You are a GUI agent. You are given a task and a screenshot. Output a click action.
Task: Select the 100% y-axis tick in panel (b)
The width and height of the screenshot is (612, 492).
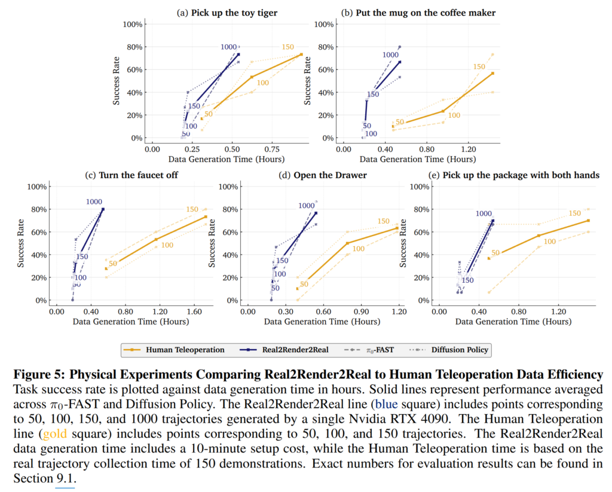pos(325,25)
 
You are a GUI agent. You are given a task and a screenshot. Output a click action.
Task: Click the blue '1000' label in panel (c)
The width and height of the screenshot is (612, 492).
pos(94,201)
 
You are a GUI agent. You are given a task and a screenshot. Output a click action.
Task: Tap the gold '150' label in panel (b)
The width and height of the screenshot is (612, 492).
pos(479,67)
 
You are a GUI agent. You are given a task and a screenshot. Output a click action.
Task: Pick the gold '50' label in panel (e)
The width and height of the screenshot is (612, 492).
pos(495,253)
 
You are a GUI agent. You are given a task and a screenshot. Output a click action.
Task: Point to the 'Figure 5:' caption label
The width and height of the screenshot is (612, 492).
pos(39,375)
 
